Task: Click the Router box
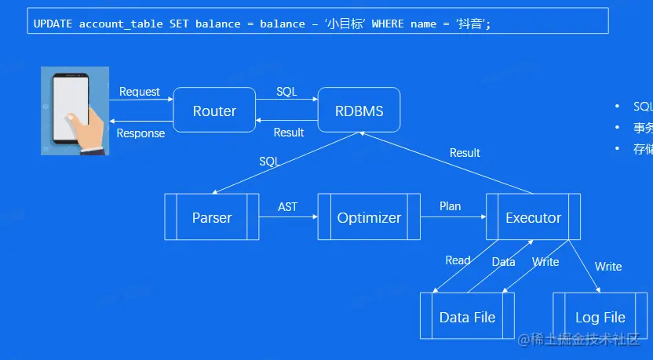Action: coord(214,111)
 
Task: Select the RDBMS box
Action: coord(359,111)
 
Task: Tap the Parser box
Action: coord(212,217)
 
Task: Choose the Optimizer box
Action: coord(369,217)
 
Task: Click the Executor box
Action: coord(533,217)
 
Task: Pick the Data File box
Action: coord(467,317)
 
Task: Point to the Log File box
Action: coord(600,317)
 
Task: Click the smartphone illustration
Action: coord(73,110)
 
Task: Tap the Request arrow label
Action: coord(140,92)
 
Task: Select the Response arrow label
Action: coord(140,133)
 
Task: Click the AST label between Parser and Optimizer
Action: coord(288,206)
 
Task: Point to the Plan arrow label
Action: coord(450,206)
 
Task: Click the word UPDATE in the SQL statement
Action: coord(53,24)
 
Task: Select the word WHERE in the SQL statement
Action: coord(388,24)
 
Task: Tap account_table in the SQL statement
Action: coord(121,24)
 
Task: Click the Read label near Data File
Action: coord(458,260)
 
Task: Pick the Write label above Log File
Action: coord(607,267)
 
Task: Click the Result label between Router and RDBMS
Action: coord(288,133)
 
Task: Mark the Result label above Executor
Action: coord(465,153)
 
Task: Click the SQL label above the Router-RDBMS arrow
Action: coord(286,92)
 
